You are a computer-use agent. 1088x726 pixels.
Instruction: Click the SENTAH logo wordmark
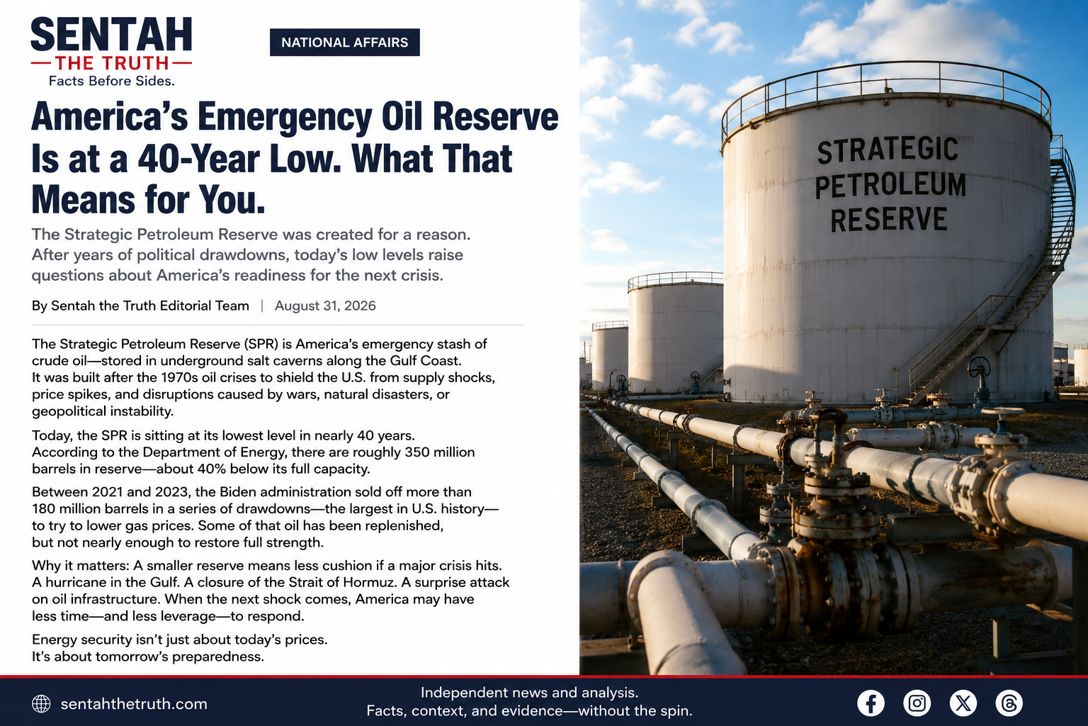pos(111,35)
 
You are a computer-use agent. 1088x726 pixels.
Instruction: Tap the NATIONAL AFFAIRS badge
pos(345,43)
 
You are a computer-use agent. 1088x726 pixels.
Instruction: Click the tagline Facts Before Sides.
pos(112,81)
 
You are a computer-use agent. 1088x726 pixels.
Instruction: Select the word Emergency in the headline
pos(285,117)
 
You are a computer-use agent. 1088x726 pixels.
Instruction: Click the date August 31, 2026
pos(325,306)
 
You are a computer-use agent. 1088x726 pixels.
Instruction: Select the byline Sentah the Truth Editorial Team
pos(150,306)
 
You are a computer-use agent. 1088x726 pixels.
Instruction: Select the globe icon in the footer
pos(41,703)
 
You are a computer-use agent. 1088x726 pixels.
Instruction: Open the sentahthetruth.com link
pos(134,704)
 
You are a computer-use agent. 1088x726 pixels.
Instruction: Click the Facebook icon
pos(871,703)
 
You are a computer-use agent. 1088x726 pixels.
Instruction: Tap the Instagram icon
pos(917,703)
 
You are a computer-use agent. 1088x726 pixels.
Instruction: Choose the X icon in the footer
pos(963,703)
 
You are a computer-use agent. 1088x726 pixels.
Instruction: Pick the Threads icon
pos(1009,703)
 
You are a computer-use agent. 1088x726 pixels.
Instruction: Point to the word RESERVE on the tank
pos(889,219)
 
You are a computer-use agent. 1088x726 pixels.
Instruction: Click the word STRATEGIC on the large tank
pos(888,150)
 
